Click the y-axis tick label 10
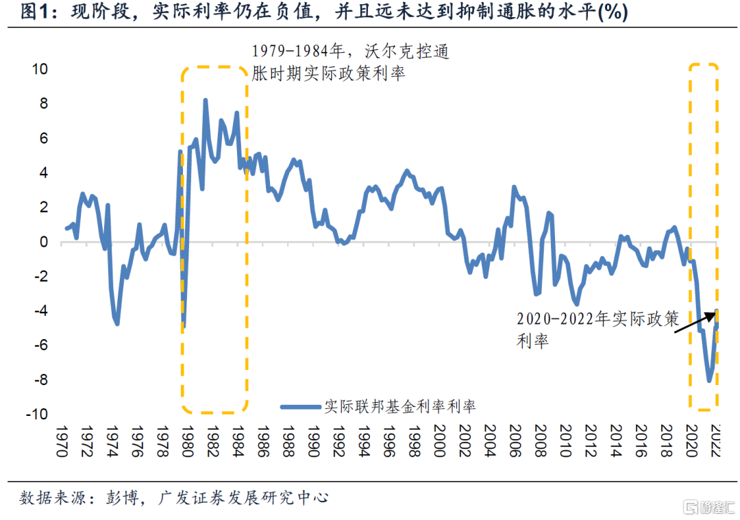(x=38, y=69)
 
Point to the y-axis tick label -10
(x=36, y=414)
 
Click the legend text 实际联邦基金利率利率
(x=401, y=406)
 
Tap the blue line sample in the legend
(x=301, y=407)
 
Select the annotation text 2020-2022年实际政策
(x=597, y=319)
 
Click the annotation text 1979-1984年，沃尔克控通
(x=351, y=52)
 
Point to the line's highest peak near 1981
(x=205, y=100)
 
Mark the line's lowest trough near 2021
(x=709, y=380)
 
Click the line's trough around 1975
(x=117, y=323)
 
